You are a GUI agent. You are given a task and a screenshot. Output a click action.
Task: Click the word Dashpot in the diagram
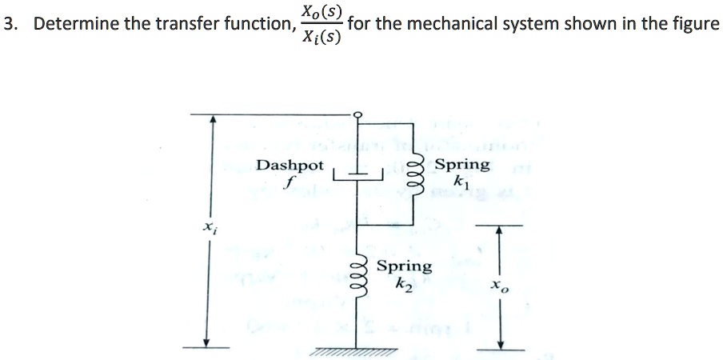(x=290, y=166)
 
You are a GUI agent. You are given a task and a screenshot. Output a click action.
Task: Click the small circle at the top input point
(x=358, y=114)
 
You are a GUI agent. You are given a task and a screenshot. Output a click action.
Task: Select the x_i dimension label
(x=209, y=228)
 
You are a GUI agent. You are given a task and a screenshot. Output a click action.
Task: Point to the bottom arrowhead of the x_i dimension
(x=207, y=342)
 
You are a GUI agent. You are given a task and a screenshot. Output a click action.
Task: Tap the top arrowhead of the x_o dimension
(x=501, y=230)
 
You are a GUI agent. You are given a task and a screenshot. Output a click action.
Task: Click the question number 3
(x=10, y=24)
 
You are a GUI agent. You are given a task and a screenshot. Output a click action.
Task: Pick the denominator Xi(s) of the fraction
(x=320, y=38)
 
